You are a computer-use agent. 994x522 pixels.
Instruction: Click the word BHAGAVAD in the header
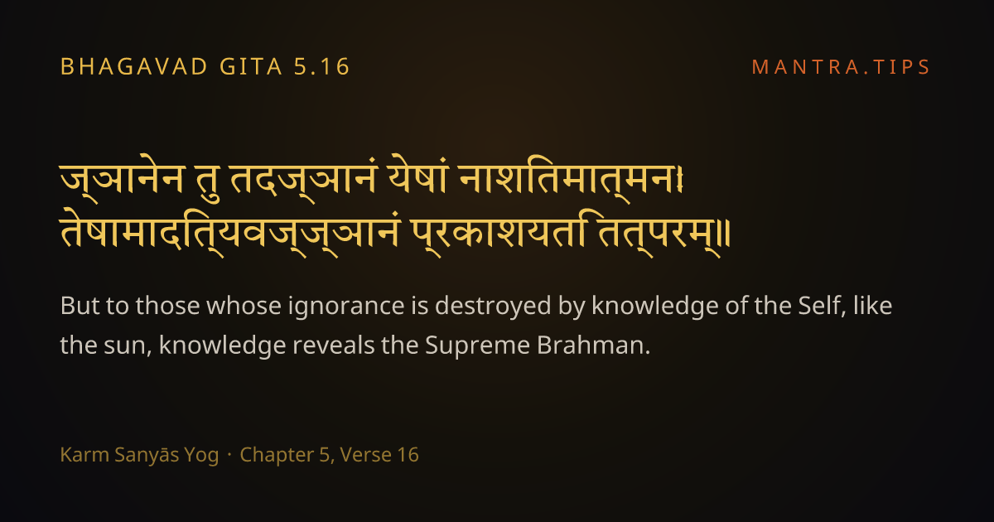pos(133,66)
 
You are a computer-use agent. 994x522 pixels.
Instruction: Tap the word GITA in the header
pos(251,66)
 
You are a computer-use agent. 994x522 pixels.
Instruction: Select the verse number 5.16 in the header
pos(321,66)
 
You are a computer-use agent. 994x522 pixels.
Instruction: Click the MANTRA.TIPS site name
pos(841,67)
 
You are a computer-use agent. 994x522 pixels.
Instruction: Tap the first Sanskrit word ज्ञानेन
pos(122,178)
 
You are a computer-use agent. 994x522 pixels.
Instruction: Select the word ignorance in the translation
pos(346,307)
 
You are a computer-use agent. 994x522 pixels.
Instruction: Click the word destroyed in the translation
pos(493,307)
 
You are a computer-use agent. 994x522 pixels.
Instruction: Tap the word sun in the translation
pos(128,346)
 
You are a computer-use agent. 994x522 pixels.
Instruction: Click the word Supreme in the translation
pos(477,346)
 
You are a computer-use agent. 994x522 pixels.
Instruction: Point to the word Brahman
pos(593,345)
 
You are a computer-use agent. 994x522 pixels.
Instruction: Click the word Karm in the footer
pos(84,455)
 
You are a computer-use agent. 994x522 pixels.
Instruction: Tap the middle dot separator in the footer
pos(229,455)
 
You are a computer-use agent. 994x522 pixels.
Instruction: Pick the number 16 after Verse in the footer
pos(408,455)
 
